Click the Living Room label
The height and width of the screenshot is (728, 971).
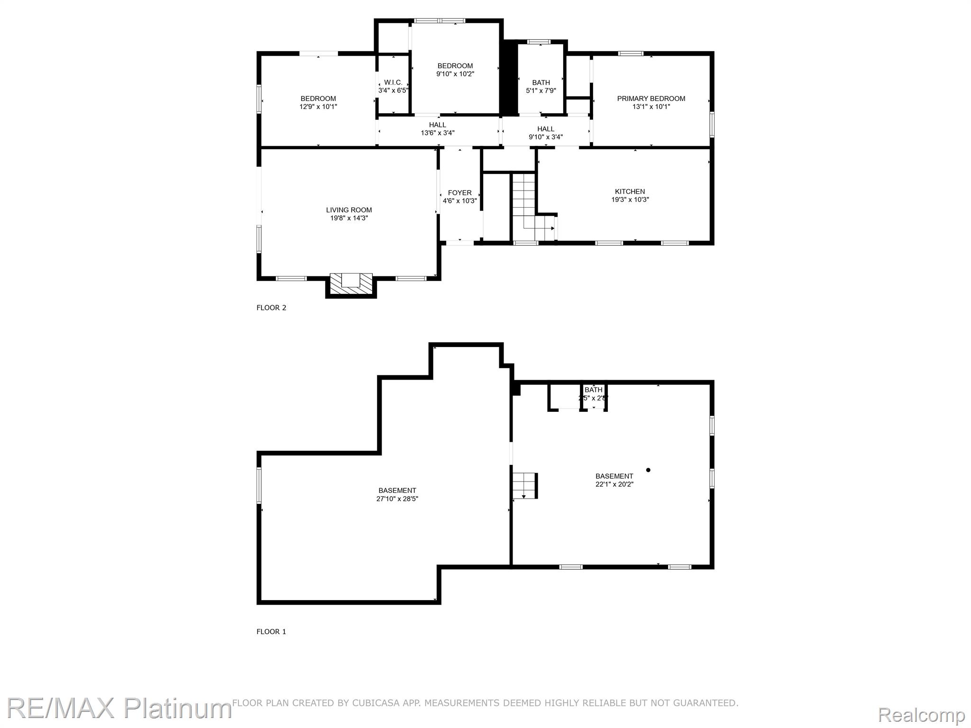click(x=349, y=210)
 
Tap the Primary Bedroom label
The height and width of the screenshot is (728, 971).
click(x=651, y=99)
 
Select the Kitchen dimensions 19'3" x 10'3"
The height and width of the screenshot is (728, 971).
click(x=630, y=200)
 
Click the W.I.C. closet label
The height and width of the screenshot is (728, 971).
click(x=393, y=82)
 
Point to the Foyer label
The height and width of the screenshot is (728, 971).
click(x=459, y=193)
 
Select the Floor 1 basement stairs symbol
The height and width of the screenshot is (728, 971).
click(x=524, y=485)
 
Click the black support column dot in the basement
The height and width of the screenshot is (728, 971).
click(x=648, y=470)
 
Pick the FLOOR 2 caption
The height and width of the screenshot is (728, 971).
click(x=271, y=308)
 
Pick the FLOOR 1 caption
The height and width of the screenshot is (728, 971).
click(x=271, y=631)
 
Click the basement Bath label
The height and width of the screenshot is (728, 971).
click(x=593, y=390)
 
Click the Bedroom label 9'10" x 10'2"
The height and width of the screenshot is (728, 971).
click(x=455, y=66)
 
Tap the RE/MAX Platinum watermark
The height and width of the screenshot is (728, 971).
click(x=119, y=708)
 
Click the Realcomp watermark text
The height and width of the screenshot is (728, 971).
click(x=921, y=714)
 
